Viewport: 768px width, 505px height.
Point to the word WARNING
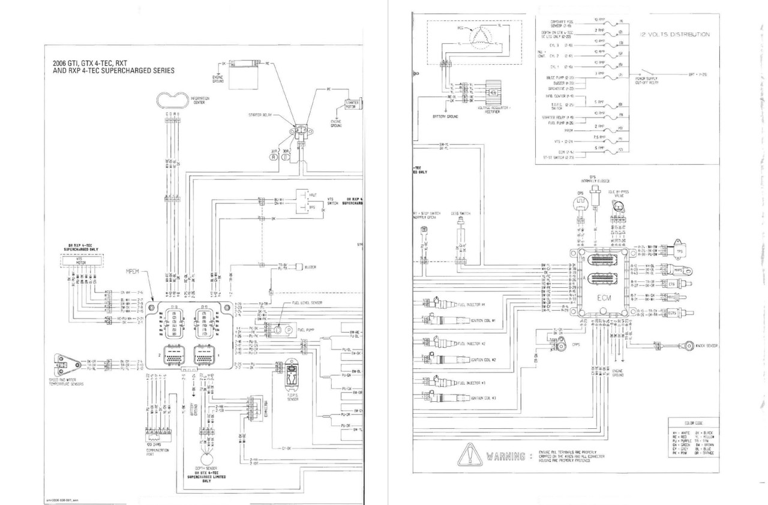507,457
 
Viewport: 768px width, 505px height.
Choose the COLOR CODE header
693,423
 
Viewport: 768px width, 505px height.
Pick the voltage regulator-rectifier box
493,92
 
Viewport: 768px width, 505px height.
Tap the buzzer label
310,266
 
